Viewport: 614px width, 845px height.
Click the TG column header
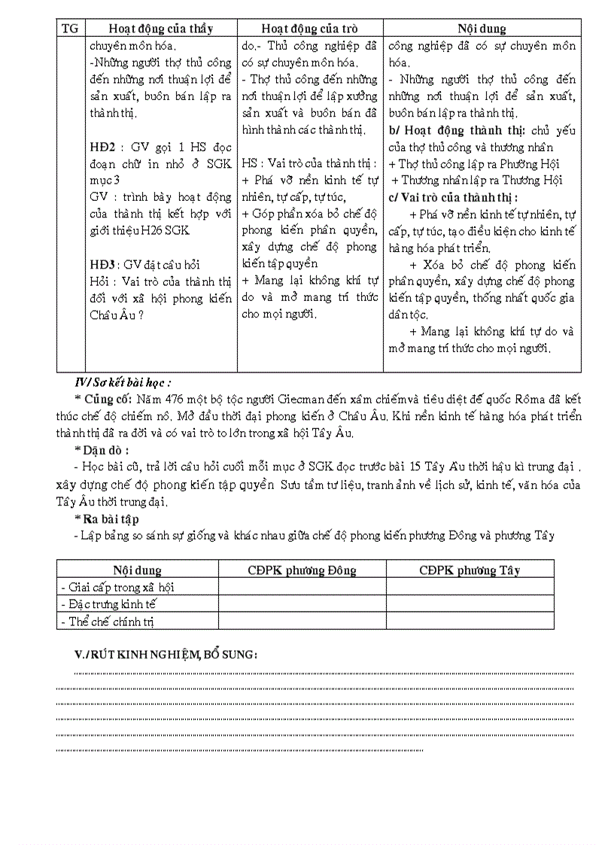(69, 29)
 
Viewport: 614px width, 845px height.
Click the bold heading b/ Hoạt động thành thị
(458, 130)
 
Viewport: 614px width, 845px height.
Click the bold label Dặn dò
(102, 450)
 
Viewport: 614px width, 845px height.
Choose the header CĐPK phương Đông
(302, 570)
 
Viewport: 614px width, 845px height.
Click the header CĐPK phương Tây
(470, 570)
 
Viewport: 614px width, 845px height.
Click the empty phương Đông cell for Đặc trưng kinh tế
(302, 604)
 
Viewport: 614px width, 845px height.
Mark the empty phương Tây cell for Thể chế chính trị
(470, 622)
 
